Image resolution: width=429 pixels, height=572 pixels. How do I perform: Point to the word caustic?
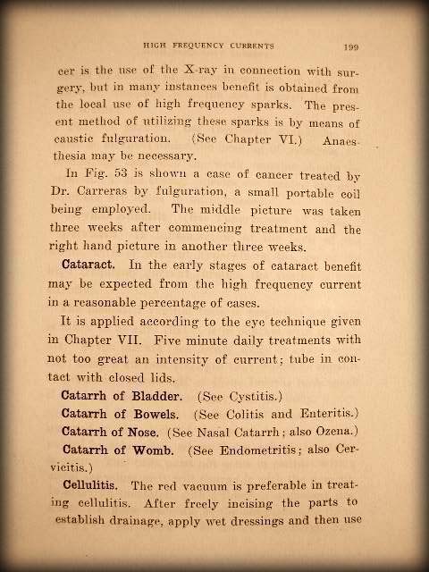81,139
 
